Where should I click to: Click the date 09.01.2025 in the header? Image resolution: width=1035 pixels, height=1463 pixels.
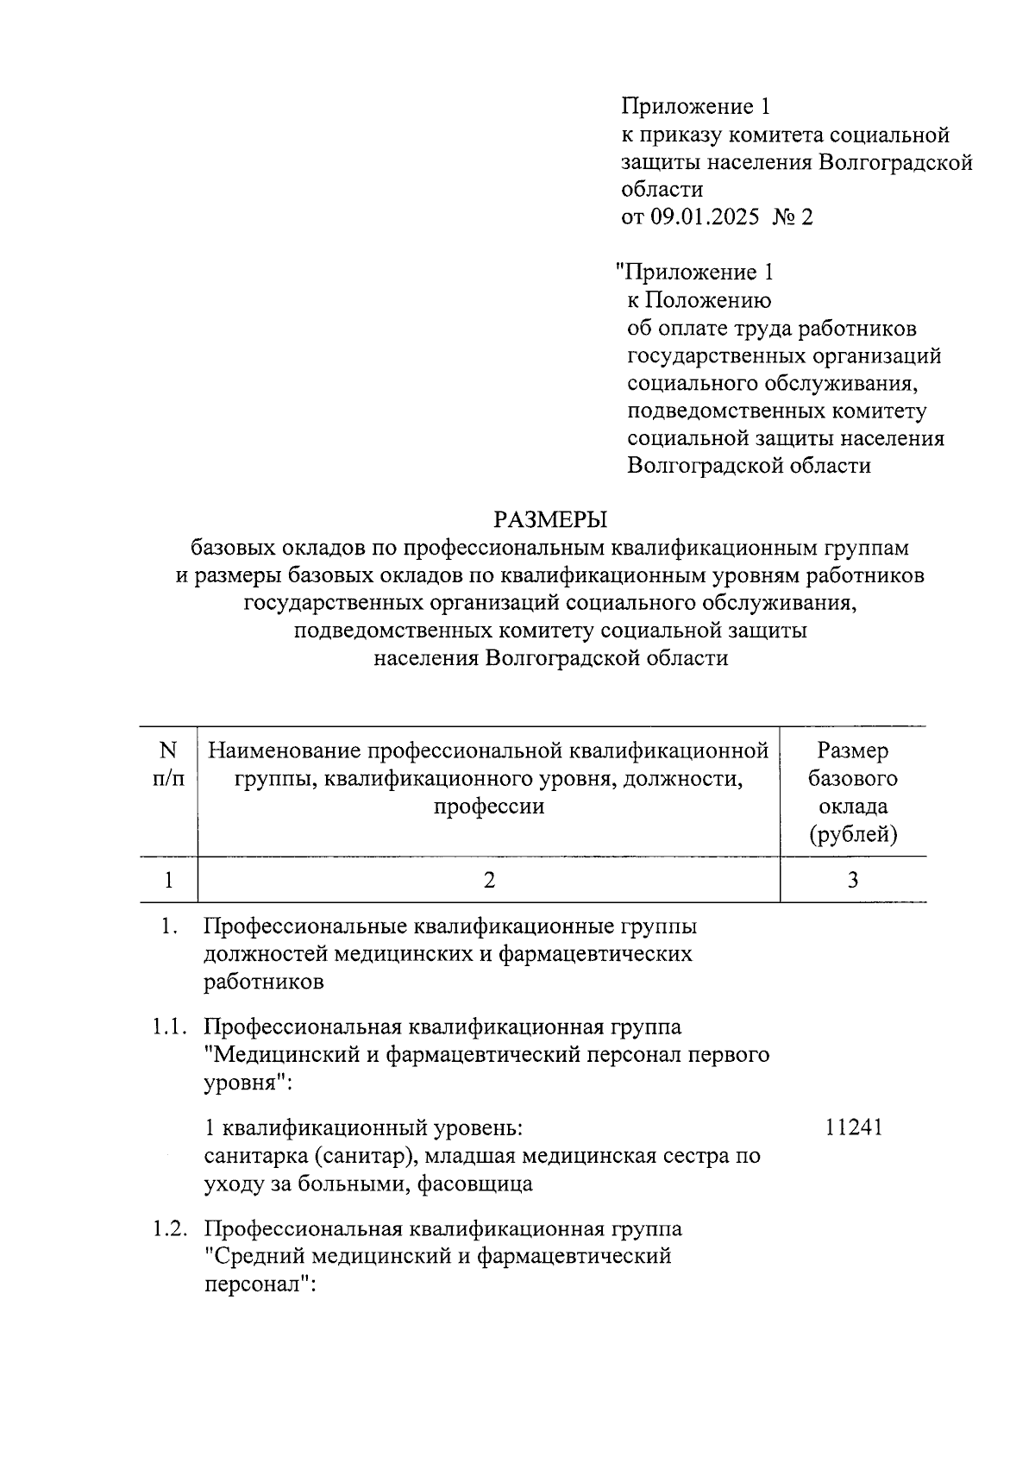point(699,217)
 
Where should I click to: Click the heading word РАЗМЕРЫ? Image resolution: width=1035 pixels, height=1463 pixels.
point(550,520)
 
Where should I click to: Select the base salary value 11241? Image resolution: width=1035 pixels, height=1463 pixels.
point(853,1127)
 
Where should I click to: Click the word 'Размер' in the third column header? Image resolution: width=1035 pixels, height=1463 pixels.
point(853,751)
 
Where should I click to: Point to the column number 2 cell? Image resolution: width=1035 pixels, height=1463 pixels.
point(489,880)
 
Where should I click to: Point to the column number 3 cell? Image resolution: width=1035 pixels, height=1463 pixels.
point(853,880)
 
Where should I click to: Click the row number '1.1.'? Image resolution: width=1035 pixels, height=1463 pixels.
point(171,1027)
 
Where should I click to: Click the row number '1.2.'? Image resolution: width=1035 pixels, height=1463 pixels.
point(171,1228)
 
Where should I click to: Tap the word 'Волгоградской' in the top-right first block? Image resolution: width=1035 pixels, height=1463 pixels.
point(896,162)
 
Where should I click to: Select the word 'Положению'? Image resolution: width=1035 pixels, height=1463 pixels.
point(709,300)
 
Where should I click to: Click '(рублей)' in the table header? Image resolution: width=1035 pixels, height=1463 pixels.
point(853,834)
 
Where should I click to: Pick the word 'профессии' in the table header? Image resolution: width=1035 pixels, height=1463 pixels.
point(489,807)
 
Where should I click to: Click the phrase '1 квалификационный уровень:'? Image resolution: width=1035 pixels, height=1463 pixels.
point(363,1127)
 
